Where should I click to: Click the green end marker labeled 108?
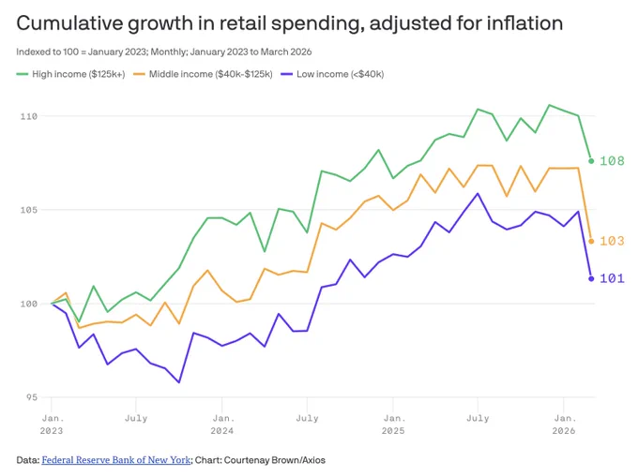tap(591, 161)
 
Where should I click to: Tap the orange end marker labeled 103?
tap(591, 242)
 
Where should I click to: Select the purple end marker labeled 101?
tap(591, 278)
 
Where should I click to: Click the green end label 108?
tap(612, 161)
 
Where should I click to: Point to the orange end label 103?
tap(612, 241)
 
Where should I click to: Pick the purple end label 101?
tap(612, 278)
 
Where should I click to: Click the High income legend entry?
tap(70, 74)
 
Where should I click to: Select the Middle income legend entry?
tap(203, 74)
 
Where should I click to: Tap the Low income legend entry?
tap(332, 74)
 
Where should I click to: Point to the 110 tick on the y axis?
tap(29, 116)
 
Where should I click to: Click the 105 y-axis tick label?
tap(29, 210)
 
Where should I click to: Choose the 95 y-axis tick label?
tap(31, 397)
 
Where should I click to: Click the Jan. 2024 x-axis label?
tap(222, 424)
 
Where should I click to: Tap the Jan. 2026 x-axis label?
tap(564, 424)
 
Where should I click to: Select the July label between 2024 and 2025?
tap(307, 418)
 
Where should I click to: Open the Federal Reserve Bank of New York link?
tap(116, 460)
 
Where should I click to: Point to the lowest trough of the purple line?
tap(178, 382)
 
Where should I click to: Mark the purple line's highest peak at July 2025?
tap(478, 193)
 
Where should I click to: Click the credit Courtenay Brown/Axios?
tap(275, 460)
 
